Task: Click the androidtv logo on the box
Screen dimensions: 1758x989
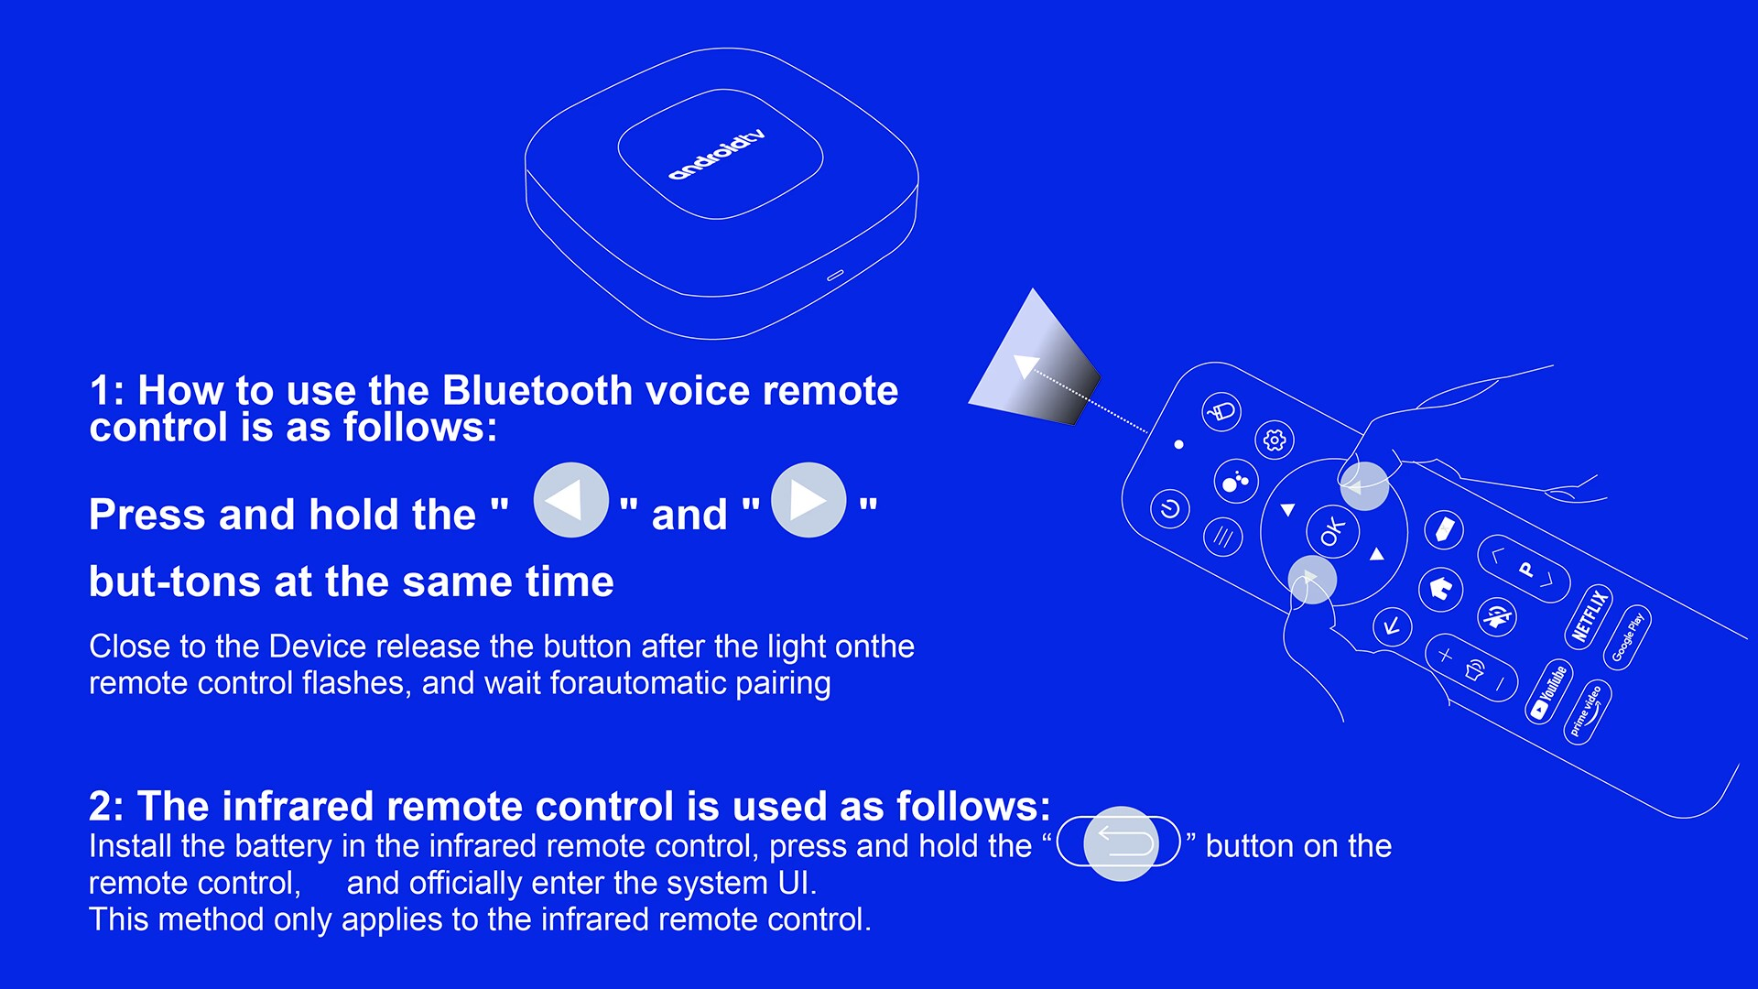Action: [716, 155]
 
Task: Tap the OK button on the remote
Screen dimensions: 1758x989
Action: [1332, 531]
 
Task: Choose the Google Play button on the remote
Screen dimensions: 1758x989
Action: [1627, 636]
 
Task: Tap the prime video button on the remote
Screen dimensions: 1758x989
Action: [1587, 712]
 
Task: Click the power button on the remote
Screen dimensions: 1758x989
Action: [1169, 508]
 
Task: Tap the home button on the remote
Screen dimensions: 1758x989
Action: [1440, 589]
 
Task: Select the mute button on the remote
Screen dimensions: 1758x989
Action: [1497, 616]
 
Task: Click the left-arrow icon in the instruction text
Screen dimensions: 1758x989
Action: [570, 500]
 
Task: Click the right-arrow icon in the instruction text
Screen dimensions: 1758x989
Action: [808, 500]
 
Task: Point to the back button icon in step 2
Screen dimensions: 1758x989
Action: [1119, 842]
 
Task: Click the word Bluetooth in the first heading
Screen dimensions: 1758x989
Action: [537, 391]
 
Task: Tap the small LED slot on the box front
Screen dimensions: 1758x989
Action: [835, 275]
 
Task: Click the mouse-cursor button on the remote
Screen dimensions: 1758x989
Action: [1221, 412]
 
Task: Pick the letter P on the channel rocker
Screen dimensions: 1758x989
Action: [1525, 569]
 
